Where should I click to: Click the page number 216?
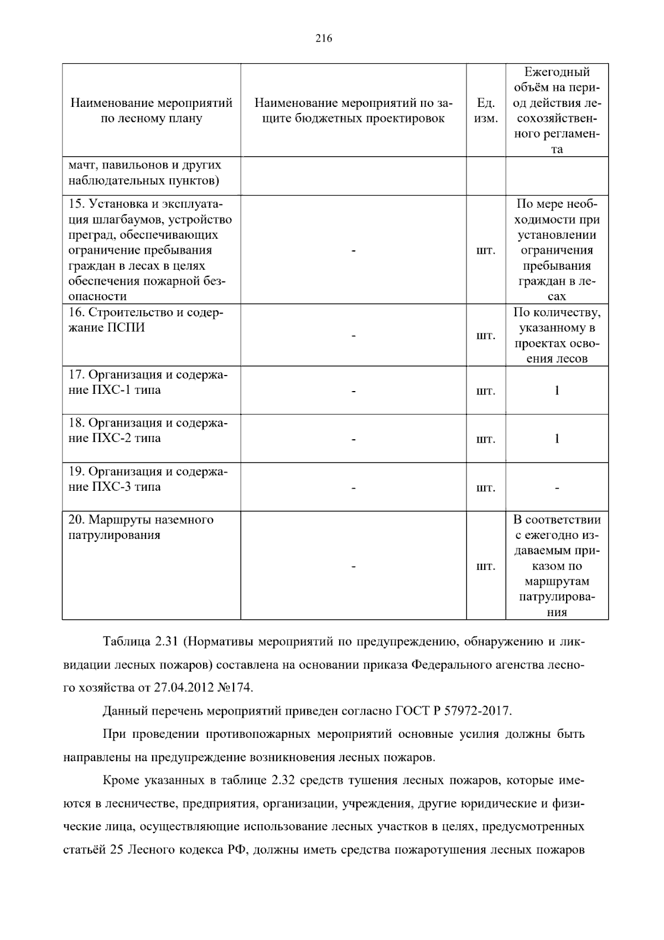(x=324, y=38)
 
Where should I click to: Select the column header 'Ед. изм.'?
(x=485, y=111)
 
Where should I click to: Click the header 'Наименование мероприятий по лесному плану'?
(x=151, y=111)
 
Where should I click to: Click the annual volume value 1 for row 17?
(x=557, y=391)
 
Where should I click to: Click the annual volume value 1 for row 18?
(x=557, y=439)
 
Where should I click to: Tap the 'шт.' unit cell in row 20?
(x=485, y=567)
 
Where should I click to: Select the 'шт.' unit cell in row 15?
(x=485, y=250)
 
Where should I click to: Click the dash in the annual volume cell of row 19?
(x=557, y=488)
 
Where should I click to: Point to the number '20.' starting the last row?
(x=76, y=520)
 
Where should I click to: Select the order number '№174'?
(x=237, y=688)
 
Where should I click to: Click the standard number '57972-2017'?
(x=479, y=711)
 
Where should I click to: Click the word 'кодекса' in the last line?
(x=195, y=850)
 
